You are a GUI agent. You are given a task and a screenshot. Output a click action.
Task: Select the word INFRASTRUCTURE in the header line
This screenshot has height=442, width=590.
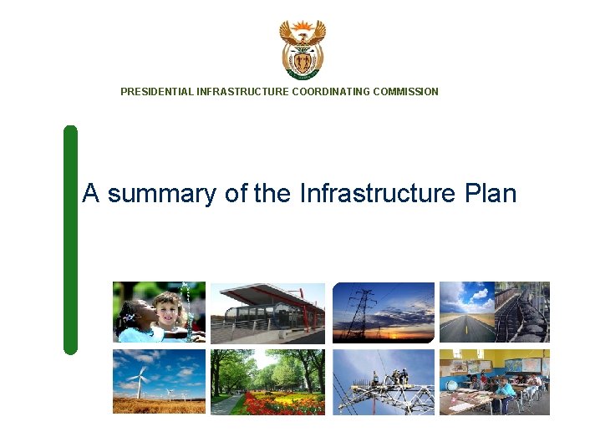[x=242, y=91]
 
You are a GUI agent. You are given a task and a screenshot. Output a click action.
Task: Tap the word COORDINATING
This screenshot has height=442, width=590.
[x=331, y=91]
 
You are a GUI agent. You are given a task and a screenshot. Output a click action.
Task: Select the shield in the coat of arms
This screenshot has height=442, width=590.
[x=303, y=61]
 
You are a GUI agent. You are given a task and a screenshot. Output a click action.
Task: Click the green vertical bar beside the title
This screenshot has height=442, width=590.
[x=70, y=240]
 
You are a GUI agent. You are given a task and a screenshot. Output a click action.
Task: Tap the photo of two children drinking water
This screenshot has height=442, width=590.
[x=159, y=312]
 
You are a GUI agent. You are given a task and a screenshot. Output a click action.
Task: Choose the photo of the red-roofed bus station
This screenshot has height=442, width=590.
[x=267, y=313]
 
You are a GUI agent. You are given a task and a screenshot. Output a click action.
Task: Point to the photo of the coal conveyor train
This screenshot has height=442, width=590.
[x=522, y=312]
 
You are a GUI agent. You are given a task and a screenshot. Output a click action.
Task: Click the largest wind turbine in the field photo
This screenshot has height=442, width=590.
[x=135, y=381]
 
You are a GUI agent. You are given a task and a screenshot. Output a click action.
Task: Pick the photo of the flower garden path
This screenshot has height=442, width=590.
[x=267, y=382]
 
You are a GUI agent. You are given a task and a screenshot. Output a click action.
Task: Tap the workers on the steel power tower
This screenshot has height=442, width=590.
[x=389, y=378]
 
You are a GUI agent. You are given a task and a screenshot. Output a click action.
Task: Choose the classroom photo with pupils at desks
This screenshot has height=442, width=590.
[x=495, y=382]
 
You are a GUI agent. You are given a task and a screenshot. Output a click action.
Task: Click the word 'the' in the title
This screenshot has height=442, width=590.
[x=272, y=194]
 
